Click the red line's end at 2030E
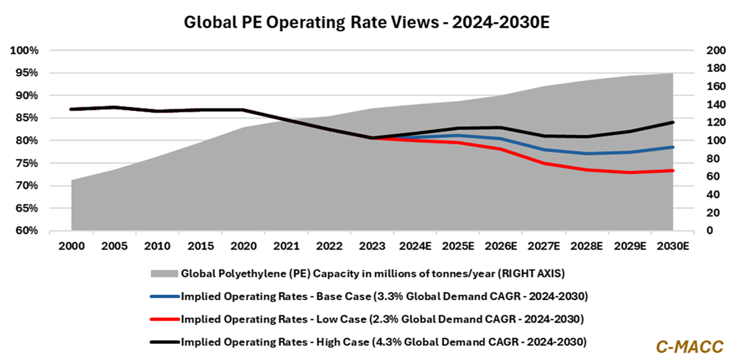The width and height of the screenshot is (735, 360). click(x=673, y=170)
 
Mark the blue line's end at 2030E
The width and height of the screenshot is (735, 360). click(x=673, y=147)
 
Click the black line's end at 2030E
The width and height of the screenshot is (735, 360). click(x=673, y=122)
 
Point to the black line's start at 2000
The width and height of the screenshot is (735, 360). click(x=71, y=109)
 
